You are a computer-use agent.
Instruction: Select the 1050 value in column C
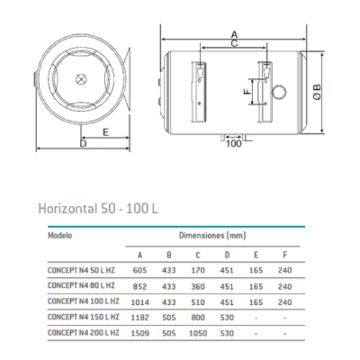[x=197, y=332]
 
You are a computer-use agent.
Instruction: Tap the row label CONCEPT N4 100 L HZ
[x=83, y=301]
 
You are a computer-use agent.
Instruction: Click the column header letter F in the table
[x=285, y=254]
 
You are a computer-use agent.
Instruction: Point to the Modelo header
[x=60, y=235]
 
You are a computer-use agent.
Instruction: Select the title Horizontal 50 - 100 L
[x=98, y=209]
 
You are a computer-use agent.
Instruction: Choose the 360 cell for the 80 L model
[x=198, y=286]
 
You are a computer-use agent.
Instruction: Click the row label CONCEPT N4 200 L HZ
[x=83, y=332]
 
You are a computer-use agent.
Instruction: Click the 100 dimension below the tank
[x=235, y=143]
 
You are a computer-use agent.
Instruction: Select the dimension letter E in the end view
[x=106, y=132]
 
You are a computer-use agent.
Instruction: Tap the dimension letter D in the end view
[x=83, y=143]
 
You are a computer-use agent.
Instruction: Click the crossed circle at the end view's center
[x=82, y=79]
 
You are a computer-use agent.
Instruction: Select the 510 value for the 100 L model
[x=198, y=301]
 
